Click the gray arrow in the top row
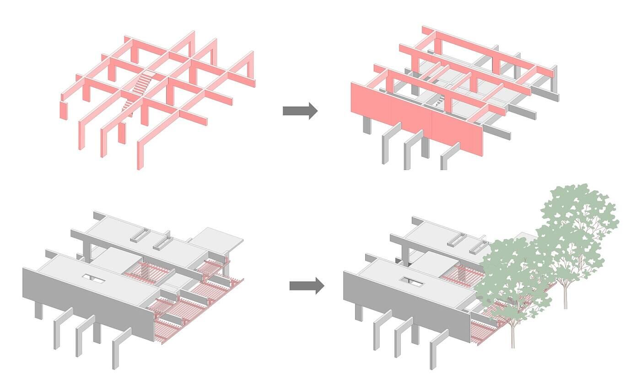pyautogui.click(x=300, y=111)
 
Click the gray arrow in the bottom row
pyautogui.click(x=306, y=286)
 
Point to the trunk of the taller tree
pyautogui.click(x=566, y=293)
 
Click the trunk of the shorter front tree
pyautogui.click(x=512, y=334)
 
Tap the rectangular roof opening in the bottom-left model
pyautogui.click(x=94, y=278)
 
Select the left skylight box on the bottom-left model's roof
pyautogui.click(x=139, y=235)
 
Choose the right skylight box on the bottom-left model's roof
pyautogui.click(x=162, y=243)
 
